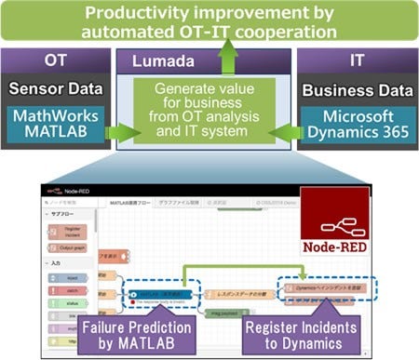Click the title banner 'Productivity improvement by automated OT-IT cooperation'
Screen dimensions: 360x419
[209, 24]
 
